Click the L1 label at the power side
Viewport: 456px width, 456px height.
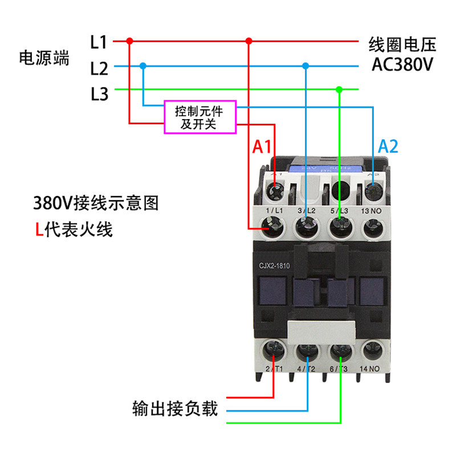click(x=99, y=42)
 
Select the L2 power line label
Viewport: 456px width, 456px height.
click(x=99, y=68)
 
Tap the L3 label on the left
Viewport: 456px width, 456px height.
click(x=99, y=93)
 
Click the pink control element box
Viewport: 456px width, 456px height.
click(x=199, y=117)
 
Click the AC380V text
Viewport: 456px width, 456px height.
click(x=402, y=64)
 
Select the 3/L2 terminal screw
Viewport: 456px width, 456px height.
click(x=308, y=228)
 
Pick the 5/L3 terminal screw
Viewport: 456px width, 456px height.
click(x=340, y=228)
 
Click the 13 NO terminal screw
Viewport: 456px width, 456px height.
click(x=373, y=228)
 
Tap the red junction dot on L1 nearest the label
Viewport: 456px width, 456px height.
click(x=129, y=41)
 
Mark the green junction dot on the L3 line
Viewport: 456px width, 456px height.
click(x=339, y=89)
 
